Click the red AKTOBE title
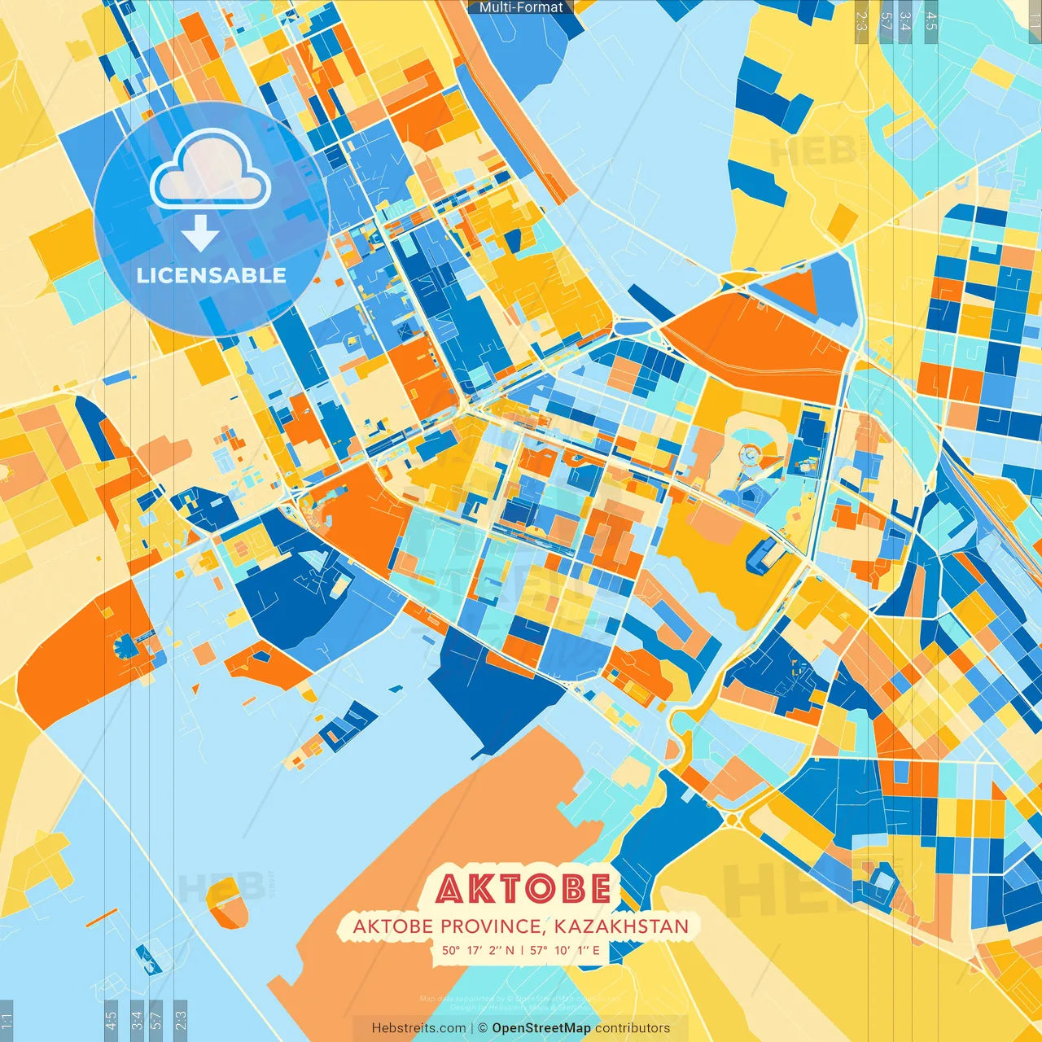coord(523,889)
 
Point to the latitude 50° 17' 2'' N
coord(478,949)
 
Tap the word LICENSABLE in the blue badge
coord(212,275)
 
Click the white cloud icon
coord(210,171)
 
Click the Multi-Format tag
coord(521,7)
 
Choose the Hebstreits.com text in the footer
coord(418,1028)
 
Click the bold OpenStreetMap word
coord(541,1028)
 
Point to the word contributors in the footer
coord(633,1028)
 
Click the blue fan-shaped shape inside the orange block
coord(126,647)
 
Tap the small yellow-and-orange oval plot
coord(226,902)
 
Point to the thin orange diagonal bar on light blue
coord(102,917)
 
